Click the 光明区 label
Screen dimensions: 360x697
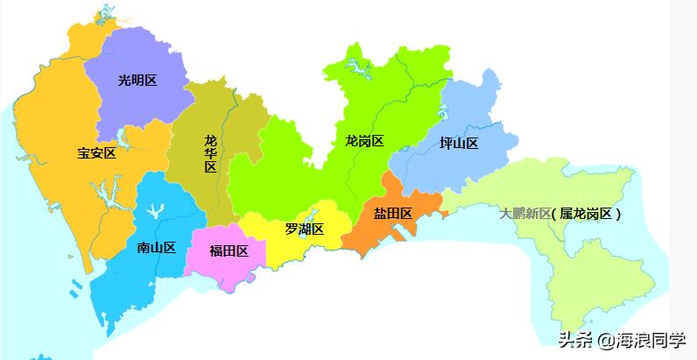[x=137, y=81]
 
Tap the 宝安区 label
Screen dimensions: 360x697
[x=96, y=152]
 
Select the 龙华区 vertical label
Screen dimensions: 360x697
[x=210, y=153]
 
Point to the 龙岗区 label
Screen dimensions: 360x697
[x=364, y=140]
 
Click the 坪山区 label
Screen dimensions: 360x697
[x=459, y=144]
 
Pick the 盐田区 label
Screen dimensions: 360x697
[x=393, y=213]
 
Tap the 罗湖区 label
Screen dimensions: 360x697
[x=304, y=229]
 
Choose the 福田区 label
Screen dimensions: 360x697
[x=229, y=251]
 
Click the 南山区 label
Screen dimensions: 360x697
[x=157, y=247]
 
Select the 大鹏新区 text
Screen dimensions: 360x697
[x=525, y=213]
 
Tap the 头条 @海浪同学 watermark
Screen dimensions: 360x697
[x=623, y=339]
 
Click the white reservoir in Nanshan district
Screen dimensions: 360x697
[x=157, y=211]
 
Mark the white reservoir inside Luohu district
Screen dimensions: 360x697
[x=312, y=215]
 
